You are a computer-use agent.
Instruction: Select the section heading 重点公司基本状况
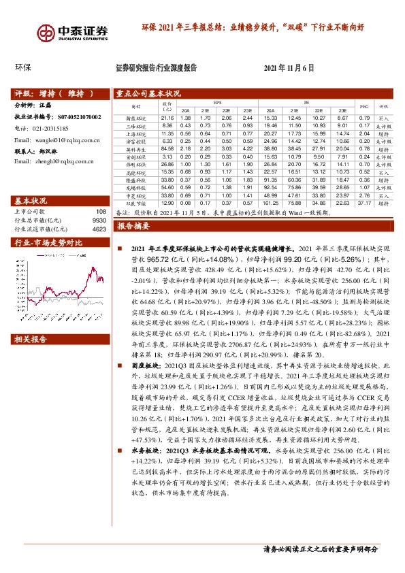[x=148, y=94]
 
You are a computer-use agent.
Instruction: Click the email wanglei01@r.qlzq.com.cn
[x=67, y=140]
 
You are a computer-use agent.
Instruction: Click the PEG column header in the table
[x=363, y=106]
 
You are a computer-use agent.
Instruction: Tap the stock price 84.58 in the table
[x=167, y=148]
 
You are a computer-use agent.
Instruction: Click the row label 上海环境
[x=136, y=133]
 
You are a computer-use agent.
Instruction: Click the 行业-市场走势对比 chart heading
[x=48, y=242]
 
